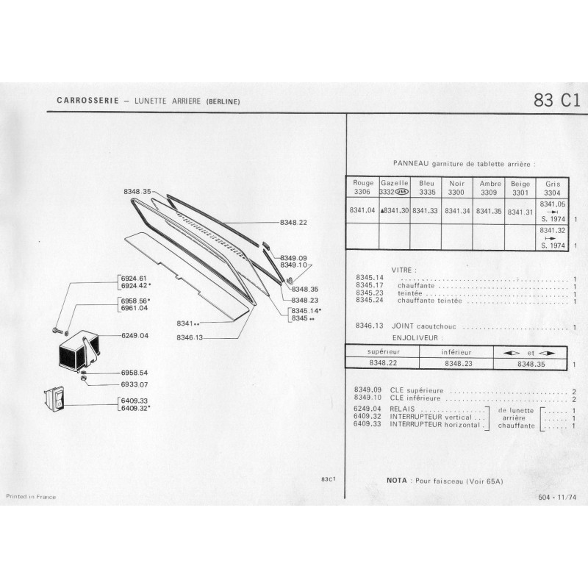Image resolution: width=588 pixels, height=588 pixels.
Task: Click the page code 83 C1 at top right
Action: coord(557,101)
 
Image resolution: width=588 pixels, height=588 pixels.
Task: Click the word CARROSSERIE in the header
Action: coord(87,101)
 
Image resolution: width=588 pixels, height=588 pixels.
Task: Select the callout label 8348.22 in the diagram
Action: coord(293,223)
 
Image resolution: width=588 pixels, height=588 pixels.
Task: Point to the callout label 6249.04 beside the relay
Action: coord(135,335)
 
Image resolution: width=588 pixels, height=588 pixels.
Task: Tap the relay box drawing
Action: coord(79,351)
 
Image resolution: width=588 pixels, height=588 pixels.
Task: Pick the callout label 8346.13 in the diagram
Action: coord(190,337)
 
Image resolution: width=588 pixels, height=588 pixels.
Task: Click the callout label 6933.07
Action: coord(135,384)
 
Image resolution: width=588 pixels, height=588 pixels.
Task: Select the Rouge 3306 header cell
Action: coord(362,187)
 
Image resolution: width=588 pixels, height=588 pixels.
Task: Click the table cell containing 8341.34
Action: coord(457,211)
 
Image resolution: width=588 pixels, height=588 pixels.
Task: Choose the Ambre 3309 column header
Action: coord(490,188)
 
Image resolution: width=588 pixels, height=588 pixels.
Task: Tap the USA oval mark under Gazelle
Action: coord(402,192)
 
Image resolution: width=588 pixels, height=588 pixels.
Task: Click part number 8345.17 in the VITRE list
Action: coord(370,285)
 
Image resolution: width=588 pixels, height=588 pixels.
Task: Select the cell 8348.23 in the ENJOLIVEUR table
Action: coord(458,363)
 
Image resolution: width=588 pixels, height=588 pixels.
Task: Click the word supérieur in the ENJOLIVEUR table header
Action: coord(383,352)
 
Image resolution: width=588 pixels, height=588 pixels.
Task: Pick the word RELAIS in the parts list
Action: coord(402,409)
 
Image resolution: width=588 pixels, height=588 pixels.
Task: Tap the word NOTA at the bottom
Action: coord(396,481)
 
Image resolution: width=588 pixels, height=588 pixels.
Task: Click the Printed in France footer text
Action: coord(31,497)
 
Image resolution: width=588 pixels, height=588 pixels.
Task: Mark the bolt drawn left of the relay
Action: coord(57,330)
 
